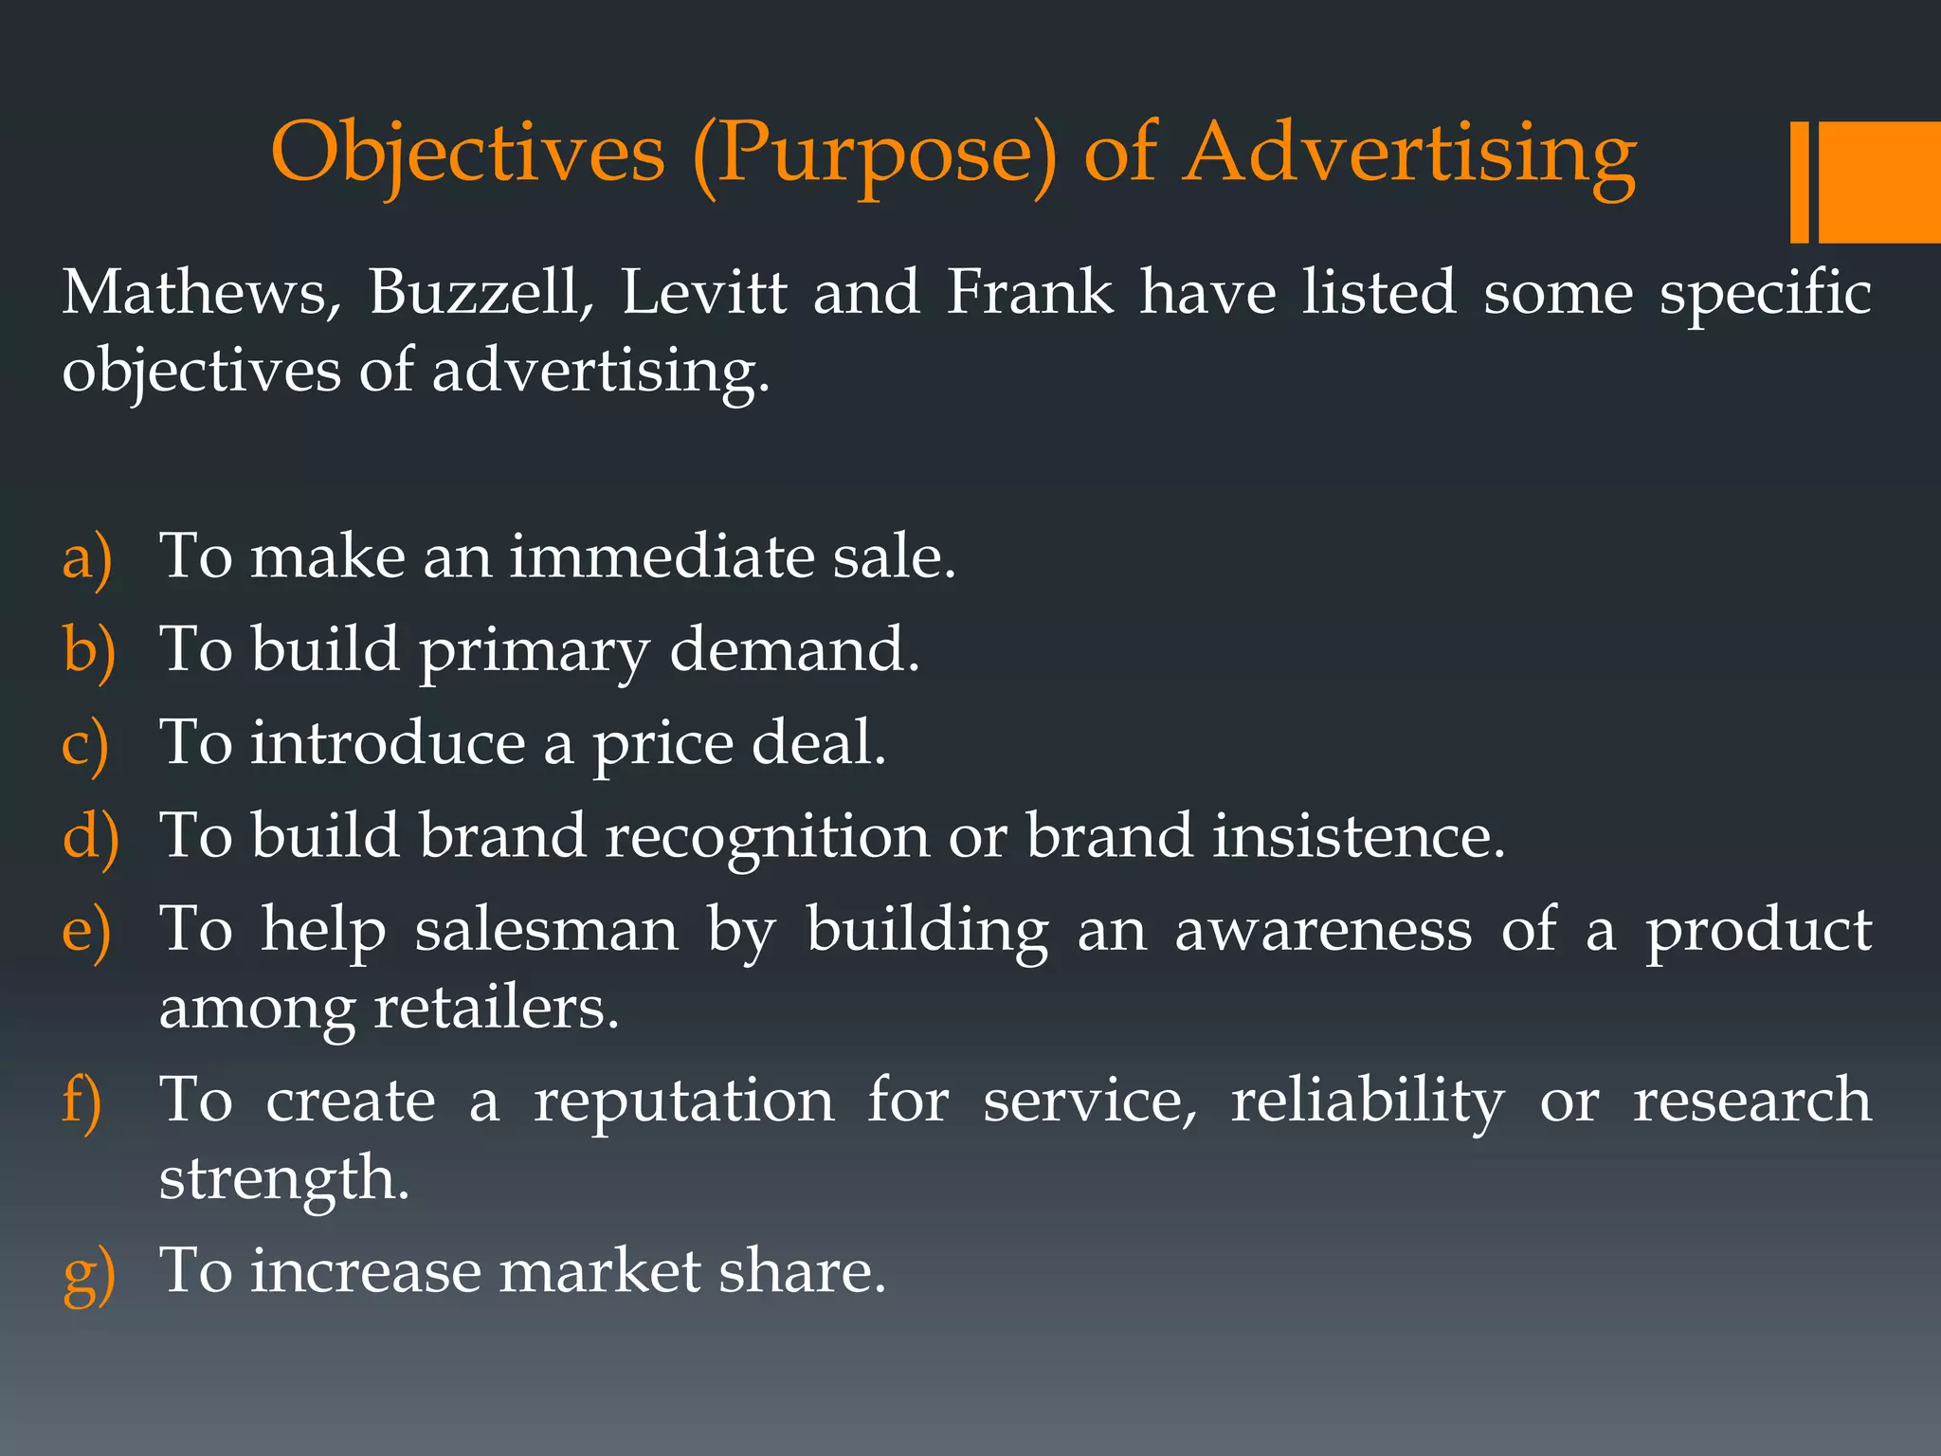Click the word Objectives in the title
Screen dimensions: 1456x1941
[468, 155]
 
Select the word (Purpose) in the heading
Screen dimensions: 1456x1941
[874, 155]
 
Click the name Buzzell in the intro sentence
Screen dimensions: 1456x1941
[481, 292]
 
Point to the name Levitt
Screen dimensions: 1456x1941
[704, 292]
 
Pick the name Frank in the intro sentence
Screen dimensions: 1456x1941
[1030, 292]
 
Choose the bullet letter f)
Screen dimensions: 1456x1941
[82, 1102]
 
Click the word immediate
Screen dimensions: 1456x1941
[662, 556]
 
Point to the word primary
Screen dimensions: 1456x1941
[534, 652]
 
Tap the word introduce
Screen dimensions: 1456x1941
[388, 742]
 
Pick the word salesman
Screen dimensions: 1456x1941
[547, 929]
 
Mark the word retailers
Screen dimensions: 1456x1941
[496, 1008]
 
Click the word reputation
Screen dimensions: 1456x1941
[683, 1102]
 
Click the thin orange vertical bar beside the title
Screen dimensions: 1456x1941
[1799, 182]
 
